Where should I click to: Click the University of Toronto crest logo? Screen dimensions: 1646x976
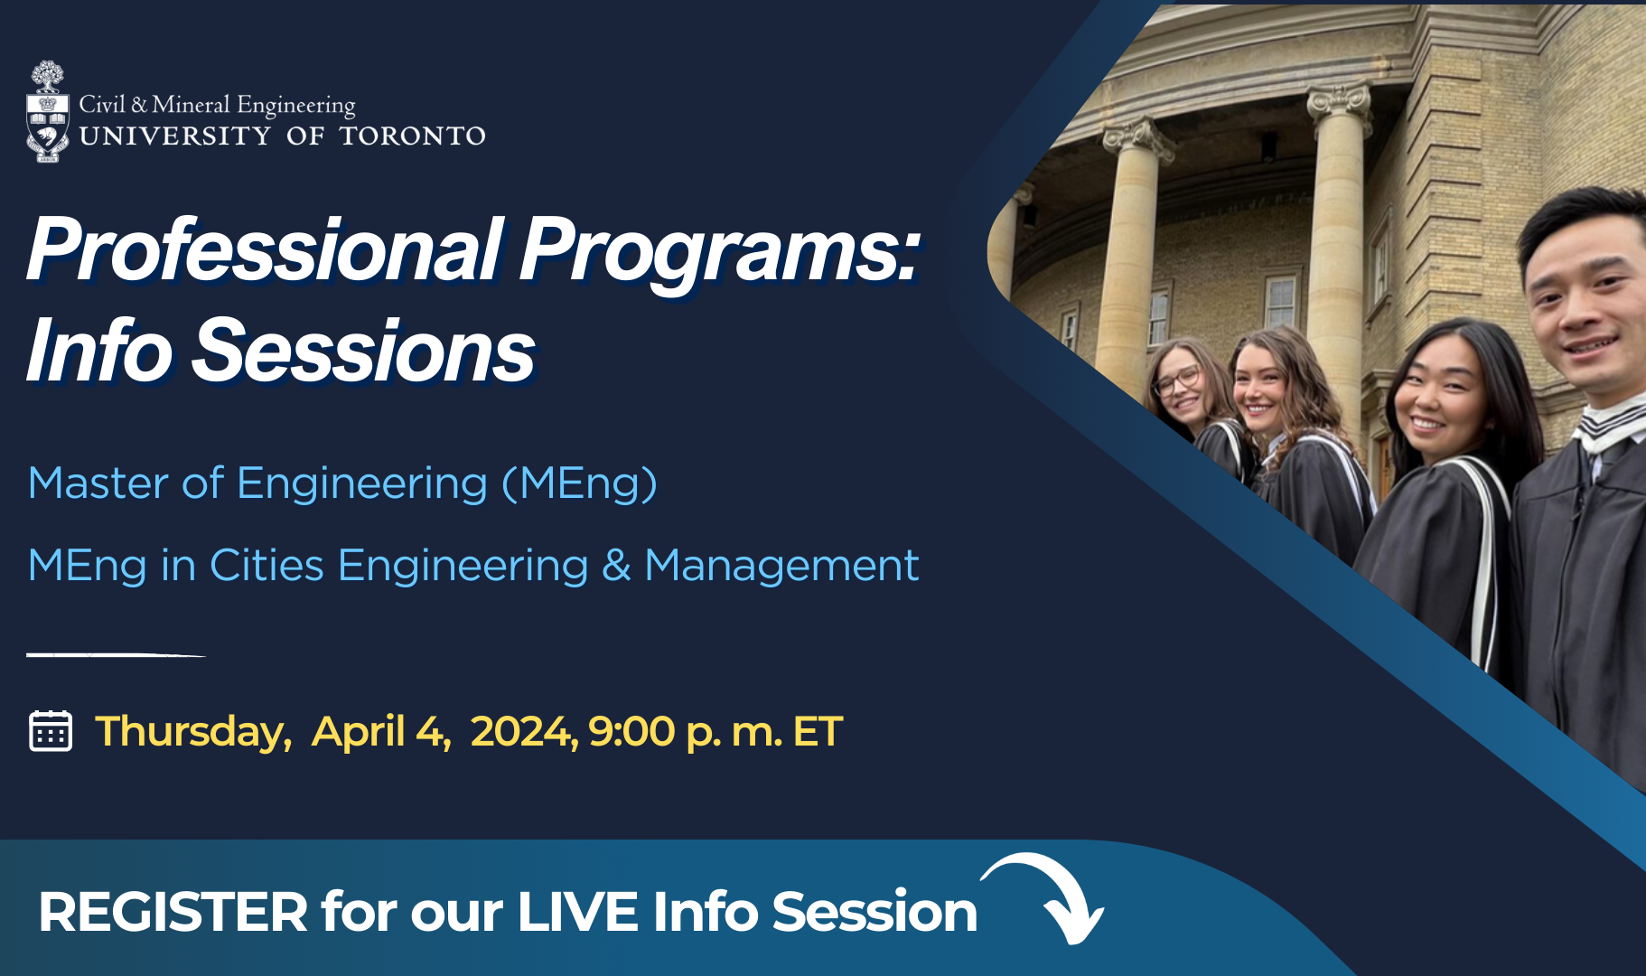tap(48, 112)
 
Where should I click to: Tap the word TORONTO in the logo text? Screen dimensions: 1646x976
tap(413, 136)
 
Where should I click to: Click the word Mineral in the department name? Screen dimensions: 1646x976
tap(191, 105)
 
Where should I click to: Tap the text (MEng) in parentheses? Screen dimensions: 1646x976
tap(579, 484)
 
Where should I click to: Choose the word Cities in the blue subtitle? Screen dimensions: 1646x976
tap(267, 567)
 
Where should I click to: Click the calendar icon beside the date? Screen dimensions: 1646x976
tap(51, 730)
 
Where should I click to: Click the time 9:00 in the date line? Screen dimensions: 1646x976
tap(631, 732)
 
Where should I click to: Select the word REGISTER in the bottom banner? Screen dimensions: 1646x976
tap(173, 912)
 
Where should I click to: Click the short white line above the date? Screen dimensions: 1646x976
tap(117, 654)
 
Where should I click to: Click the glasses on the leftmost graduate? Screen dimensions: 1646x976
tap(1175, 380)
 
